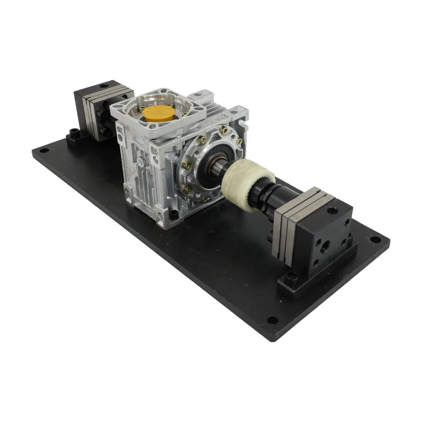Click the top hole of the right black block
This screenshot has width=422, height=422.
point(332,210)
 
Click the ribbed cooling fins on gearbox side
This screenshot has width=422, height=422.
point(135,186)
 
